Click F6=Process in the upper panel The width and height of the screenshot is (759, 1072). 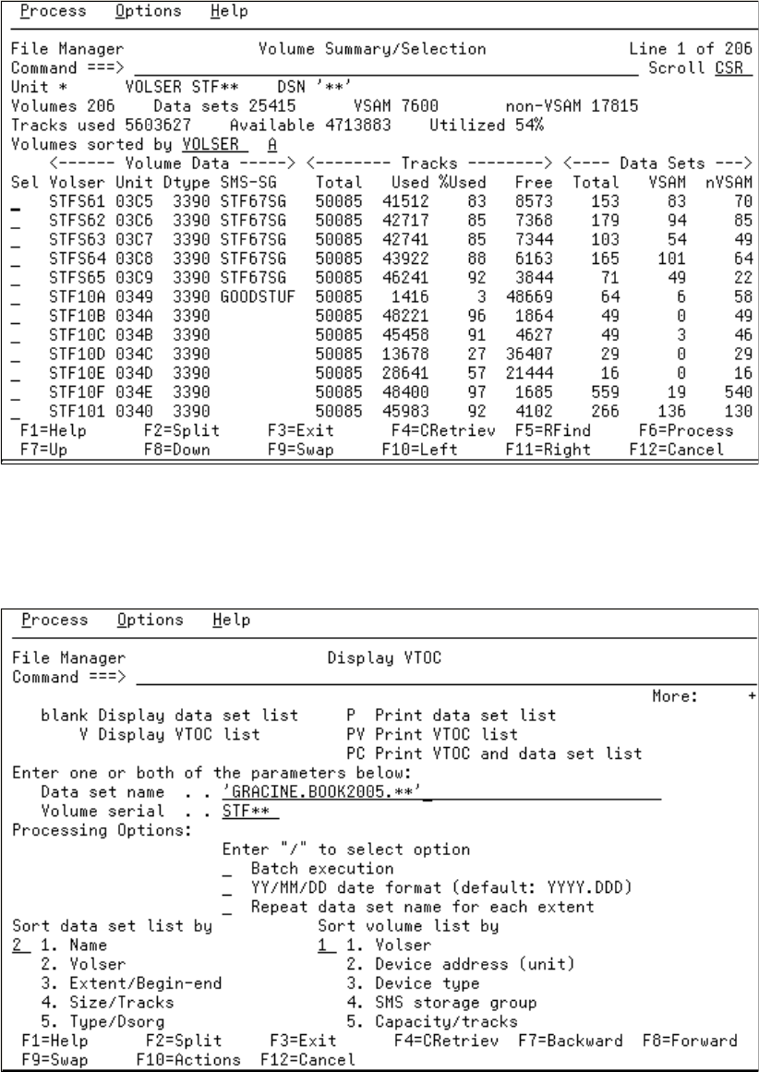point(686,430)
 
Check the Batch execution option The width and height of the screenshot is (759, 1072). point(228,869)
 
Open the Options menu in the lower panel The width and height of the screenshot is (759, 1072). point(150,620)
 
